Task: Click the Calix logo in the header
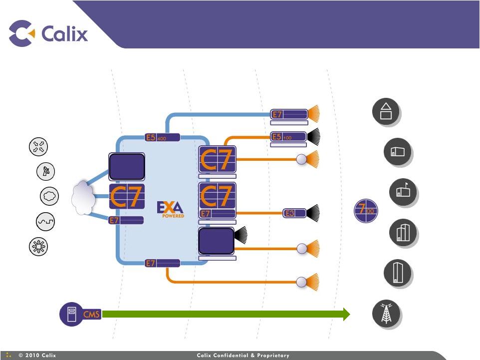click(48, 33)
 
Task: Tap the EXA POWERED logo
click(171, 209)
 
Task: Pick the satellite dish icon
click(46, 171)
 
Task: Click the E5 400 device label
click(162, 137)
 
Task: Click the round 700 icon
click(366, 210)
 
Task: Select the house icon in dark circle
click(385, 112)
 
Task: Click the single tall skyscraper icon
click(397, 273)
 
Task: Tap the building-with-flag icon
click(402, 192)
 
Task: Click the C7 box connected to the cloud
click(127, 196)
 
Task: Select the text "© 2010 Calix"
click(37, 356)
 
